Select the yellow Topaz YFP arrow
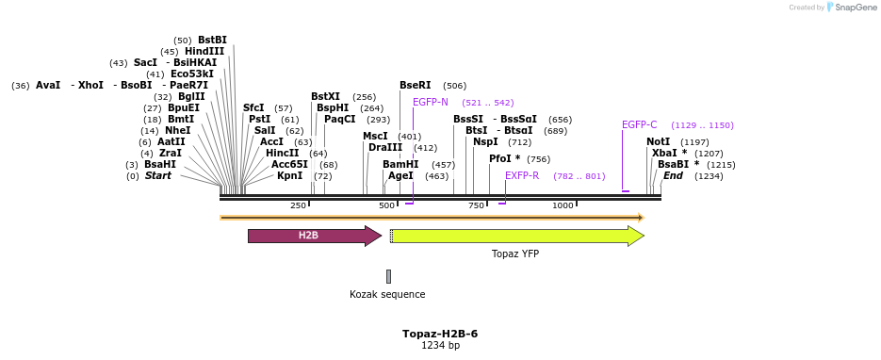pos(516,236)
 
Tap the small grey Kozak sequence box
pos(388,276)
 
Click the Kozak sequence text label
pos(387,294)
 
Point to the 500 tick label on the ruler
pos(387,205)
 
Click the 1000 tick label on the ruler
pos(563,205)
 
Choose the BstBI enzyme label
pos(212,40)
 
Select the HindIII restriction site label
pos(204,51)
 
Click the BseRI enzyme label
pos(416,85)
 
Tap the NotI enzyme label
pos(658,141)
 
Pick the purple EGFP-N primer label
pos(431,102)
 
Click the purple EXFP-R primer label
pos(522,175)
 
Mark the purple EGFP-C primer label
pos(640,124)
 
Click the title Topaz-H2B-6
pos(440,334)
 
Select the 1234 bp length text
pos(440,346)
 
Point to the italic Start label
pos(158,175)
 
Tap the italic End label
pos(673,175)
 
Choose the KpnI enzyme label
pos(289,175)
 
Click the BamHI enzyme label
pos(400,164)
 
